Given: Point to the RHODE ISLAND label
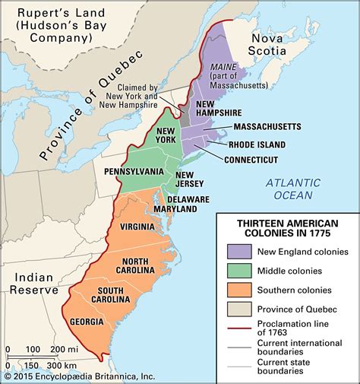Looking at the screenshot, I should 257,144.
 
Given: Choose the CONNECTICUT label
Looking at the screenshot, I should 251,160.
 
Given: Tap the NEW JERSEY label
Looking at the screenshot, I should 189,179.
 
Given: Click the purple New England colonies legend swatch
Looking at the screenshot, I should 238,250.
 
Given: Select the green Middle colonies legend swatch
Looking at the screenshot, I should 238,270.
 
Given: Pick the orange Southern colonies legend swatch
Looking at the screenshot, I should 238,289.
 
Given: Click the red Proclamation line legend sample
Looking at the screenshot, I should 238,328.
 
